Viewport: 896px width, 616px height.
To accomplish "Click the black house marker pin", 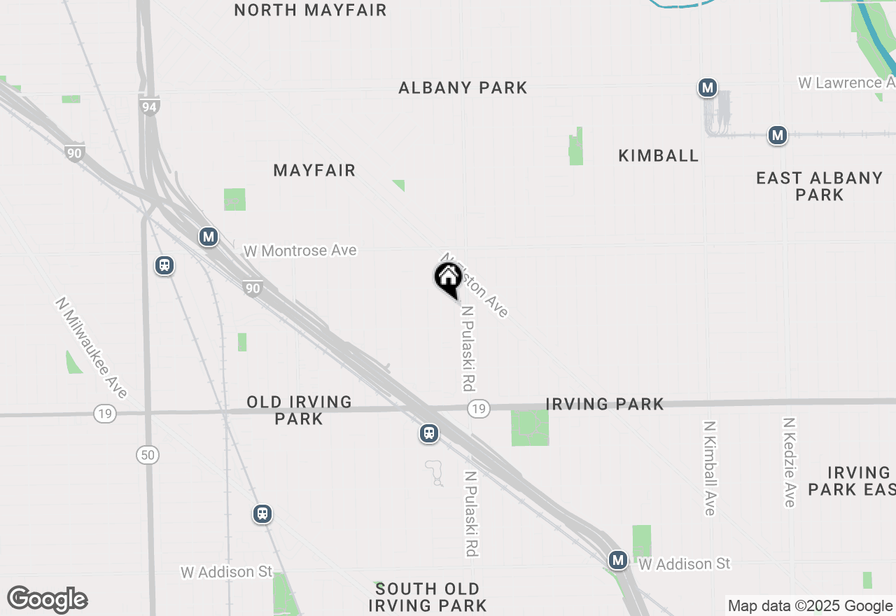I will click(x=448, y=279).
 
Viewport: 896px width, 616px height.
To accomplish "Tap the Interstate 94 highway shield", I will click(x=148, y=106).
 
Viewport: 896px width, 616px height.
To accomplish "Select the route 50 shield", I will click(x=147, y=455).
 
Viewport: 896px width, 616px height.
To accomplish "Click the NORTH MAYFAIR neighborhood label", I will click(x=310, y=10).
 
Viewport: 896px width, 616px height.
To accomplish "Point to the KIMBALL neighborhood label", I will click(x=659, y=155).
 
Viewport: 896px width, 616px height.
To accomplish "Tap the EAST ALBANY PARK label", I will click(x=819, y=186).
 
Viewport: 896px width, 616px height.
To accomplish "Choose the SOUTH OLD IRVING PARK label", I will click(x=427, y=597).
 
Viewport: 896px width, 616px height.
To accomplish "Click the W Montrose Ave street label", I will click(x=300, y=251).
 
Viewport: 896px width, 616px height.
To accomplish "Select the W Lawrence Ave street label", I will click(x=846, y=83).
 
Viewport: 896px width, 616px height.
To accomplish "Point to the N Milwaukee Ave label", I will click(x=92, y=348).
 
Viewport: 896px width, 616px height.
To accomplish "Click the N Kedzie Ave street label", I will click(x=790, y=462).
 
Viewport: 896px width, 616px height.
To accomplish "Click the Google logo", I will click(x=47, y=599).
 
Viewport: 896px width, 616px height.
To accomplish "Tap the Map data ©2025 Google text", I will click(x=811, y=606).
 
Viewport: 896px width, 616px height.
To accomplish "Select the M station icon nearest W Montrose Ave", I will click(x=208, y=237).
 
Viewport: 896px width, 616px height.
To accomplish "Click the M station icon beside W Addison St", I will click(x=617, y=560).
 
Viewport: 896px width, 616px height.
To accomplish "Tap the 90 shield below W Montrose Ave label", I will click(x=253, y=288).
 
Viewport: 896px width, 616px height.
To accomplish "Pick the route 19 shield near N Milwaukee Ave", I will click(x=104, y=414).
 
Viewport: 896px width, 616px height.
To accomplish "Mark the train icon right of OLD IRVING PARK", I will click(x=429, y=433).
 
